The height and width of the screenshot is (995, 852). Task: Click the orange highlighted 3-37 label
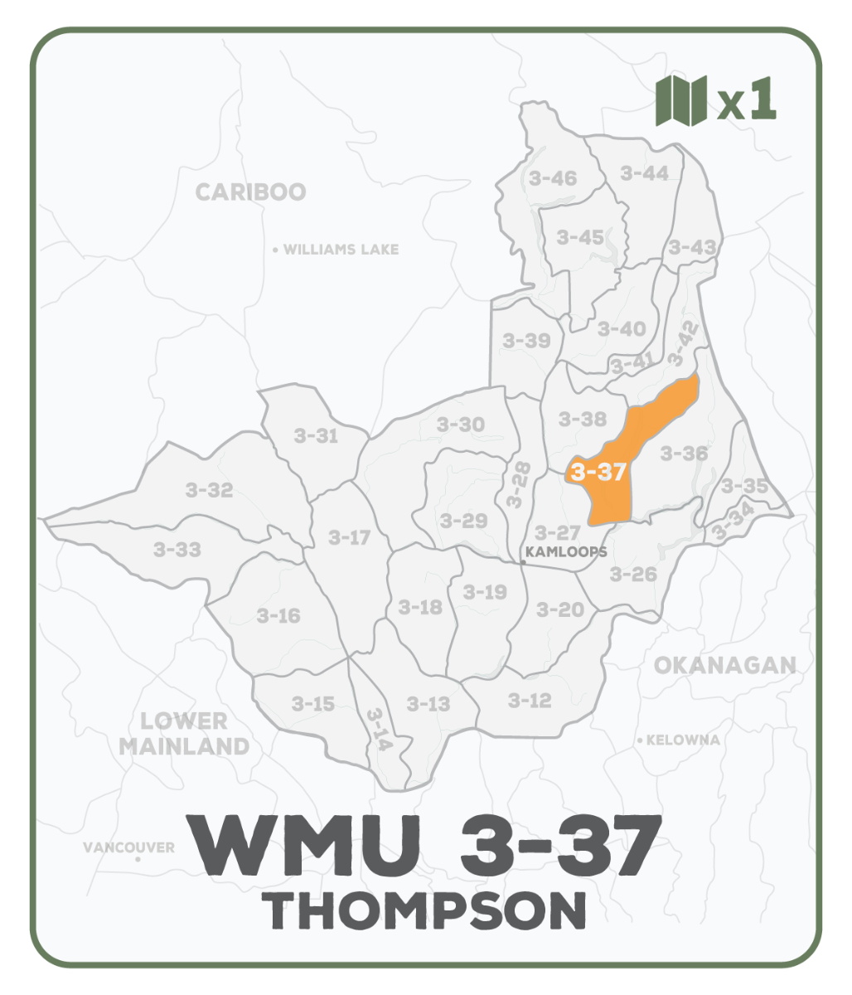pos(597,473)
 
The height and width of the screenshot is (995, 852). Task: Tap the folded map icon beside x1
pos(680,101)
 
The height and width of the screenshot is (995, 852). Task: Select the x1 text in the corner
pos(747,101)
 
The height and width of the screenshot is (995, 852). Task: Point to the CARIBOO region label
pos(250,192)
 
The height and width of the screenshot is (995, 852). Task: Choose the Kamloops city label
pos(567,551)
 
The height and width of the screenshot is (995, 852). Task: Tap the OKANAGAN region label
pos(724,665)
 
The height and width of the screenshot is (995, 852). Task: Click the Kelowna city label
pos(682,740)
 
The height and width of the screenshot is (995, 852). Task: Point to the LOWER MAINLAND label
pos(183,734)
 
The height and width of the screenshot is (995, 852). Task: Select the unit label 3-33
pos(177,549)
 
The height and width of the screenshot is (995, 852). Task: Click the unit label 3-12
pos(529,701)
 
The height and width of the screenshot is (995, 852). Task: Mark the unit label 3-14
pos(377,729)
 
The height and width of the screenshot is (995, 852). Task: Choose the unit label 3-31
pos(316,435)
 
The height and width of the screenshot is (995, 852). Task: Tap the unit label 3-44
pos(644,173)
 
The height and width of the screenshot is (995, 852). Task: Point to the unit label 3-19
pos(484,592)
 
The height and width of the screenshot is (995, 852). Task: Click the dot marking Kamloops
pos(523,563)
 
